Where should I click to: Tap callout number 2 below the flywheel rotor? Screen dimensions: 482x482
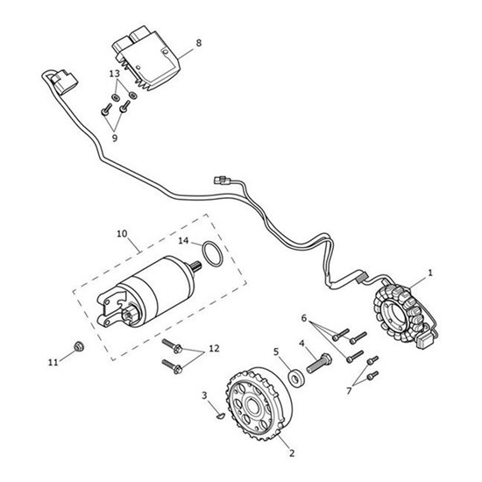pos(292,454)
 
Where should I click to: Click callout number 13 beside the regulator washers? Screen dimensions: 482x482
pos(114,74)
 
